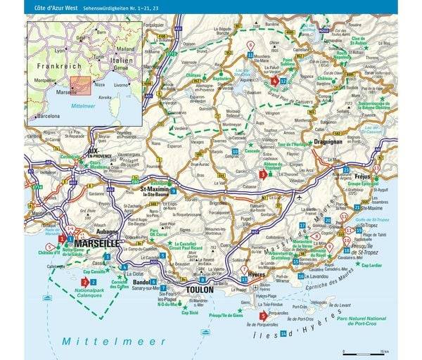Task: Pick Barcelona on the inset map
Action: point(46,115)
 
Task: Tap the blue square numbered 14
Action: point(283,333)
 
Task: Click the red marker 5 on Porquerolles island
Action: point(262,316)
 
